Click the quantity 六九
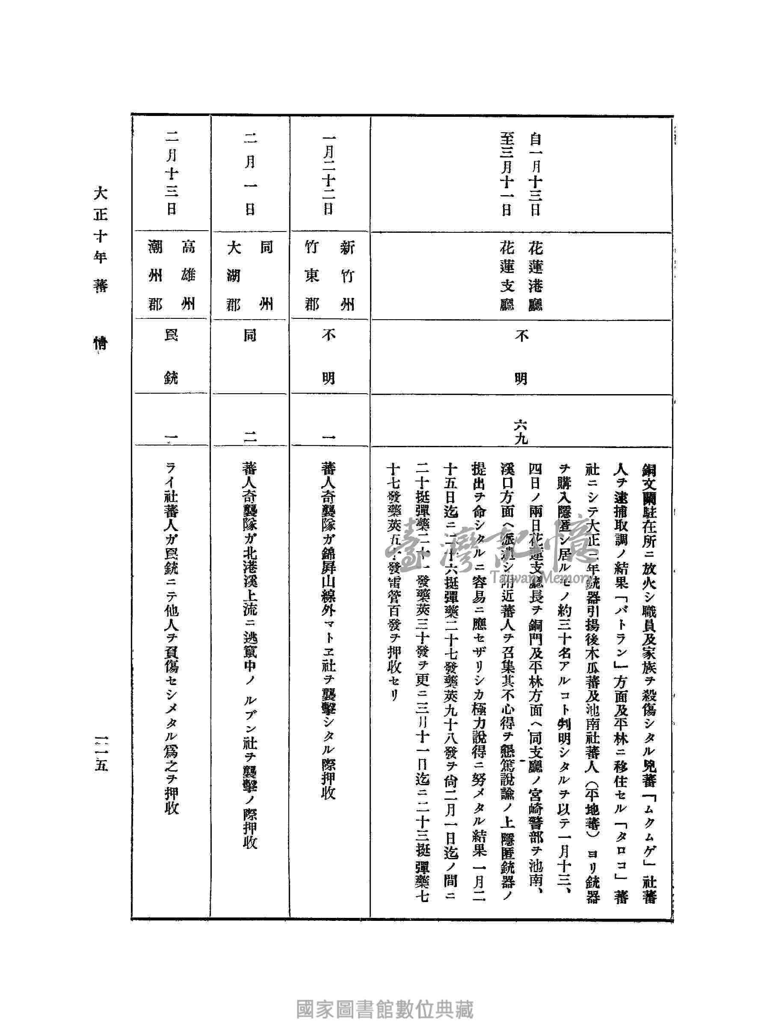521,430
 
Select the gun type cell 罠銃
171,356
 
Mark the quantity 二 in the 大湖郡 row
250,436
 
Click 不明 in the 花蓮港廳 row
521,356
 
